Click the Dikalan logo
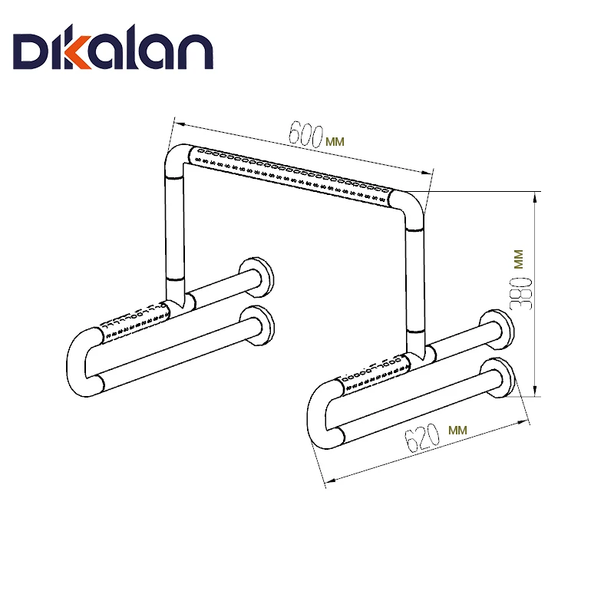coord(113,48)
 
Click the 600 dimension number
coord(305,134)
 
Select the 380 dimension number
coord(522,293)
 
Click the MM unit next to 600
coord(335,141)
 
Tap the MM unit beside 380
coord(519,259)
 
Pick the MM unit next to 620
coord(457,430)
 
